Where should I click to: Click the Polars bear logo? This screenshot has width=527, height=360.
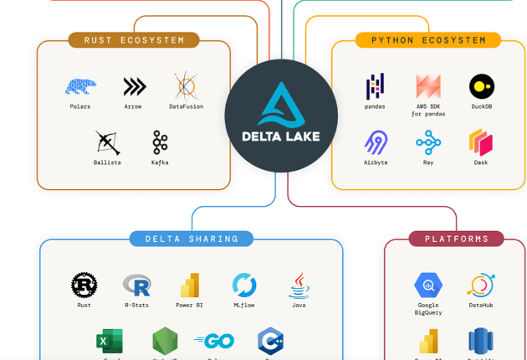80,85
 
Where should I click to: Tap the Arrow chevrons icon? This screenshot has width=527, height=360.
134,85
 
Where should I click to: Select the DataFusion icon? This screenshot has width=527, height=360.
186,85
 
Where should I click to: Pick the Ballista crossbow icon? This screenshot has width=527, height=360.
107,142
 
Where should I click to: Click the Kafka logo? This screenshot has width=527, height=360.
160,142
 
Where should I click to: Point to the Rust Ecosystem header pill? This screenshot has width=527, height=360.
134,39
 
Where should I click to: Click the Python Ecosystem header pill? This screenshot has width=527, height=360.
428,39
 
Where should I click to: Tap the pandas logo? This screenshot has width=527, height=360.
375,85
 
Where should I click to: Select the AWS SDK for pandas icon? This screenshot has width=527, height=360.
428,85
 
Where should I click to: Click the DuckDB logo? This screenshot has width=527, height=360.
481,85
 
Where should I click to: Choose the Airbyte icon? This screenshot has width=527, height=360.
376,142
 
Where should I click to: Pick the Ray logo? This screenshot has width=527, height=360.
428,142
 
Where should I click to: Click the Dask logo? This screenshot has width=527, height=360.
480,142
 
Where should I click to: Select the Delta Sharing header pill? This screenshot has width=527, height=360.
192,239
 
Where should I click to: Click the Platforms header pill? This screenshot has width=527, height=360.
456,239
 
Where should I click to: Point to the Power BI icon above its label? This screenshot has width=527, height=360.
190,285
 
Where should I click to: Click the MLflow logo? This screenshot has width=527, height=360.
244,285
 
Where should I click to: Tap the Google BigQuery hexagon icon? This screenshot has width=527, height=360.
428,285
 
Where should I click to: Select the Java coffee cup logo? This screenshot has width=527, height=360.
299,285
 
